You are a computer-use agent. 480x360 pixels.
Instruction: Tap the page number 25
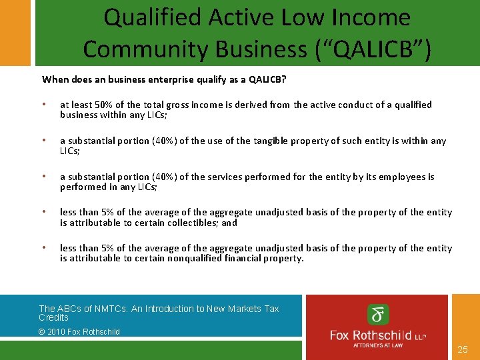pyautogui.click(x=463, y=349)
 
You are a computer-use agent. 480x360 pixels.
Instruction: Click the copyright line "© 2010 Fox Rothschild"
pyautogui.click(x=79, y=331)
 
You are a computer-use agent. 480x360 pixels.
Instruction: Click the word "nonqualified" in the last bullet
pyautogui.click(x=195, y=258)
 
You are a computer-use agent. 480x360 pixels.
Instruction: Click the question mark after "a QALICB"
pyautogui.click(x=285, y=79)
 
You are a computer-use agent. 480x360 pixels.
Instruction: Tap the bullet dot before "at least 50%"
pyautogui.click(x=44, y=105)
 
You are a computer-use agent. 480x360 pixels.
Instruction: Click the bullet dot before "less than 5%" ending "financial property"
pyautogui.click(x=44, y=248)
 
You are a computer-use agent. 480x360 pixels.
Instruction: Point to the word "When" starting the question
pyautogui.click(x=55, y=79)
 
